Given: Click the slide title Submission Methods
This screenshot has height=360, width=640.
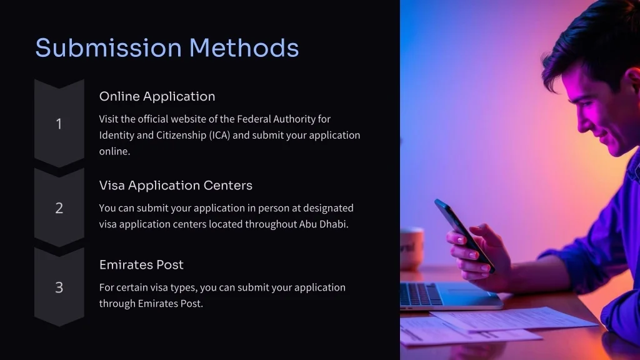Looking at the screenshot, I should click(167, 48).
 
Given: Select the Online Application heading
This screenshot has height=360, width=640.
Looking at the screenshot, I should click(157, 96).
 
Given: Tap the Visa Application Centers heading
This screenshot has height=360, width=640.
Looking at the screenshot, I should click(176, 186).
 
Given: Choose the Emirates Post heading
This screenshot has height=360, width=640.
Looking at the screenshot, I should click(141, 265).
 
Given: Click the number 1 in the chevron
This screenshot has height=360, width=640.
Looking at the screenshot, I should click(59, 124).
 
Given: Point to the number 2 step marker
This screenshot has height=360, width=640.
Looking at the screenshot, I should click(59, 208).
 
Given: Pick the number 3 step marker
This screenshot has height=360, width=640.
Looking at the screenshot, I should click(59, 287).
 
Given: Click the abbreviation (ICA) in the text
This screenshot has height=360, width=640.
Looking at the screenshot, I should click(220, 135).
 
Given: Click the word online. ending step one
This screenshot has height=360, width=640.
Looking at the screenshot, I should click(114, 151).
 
